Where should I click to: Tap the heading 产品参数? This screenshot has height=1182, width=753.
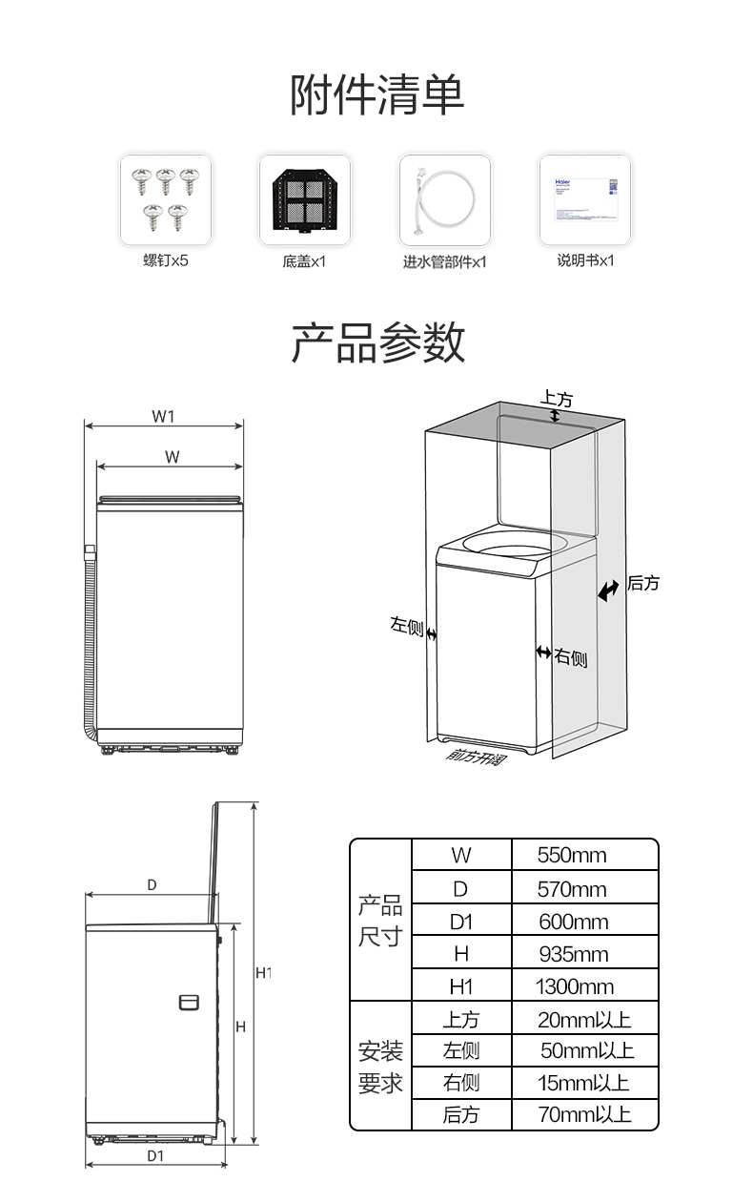pos(376,342)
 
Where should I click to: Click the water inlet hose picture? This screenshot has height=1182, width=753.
pos(444,200)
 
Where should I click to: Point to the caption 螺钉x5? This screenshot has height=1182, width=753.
pos(166,260)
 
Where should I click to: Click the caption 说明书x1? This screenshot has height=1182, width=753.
pos(585,260)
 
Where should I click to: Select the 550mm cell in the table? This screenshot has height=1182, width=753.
pos(572,855)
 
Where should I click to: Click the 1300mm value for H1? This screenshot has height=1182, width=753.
pos(574,986)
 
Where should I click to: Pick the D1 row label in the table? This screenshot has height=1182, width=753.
pos(461,922)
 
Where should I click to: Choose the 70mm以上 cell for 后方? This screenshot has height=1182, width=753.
pos(583,1114)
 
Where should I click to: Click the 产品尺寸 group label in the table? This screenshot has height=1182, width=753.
pos(380,921)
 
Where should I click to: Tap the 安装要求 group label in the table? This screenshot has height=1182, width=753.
pos(380,1068)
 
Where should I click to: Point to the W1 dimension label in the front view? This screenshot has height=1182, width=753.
pos(163,416)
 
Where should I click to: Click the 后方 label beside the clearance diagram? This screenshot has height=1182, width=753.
pos(643,583)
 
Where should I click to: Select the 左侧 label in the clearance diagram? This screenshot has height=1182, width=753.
pos(406,625)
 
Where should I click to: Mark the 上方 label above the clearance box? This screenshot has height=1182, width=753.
pos(557,397)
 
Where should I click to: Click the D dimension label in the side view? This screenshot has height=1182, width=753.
pos(152,885)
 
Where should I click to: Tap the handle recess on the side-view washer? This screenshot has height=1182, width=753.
pos(189,1002)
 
